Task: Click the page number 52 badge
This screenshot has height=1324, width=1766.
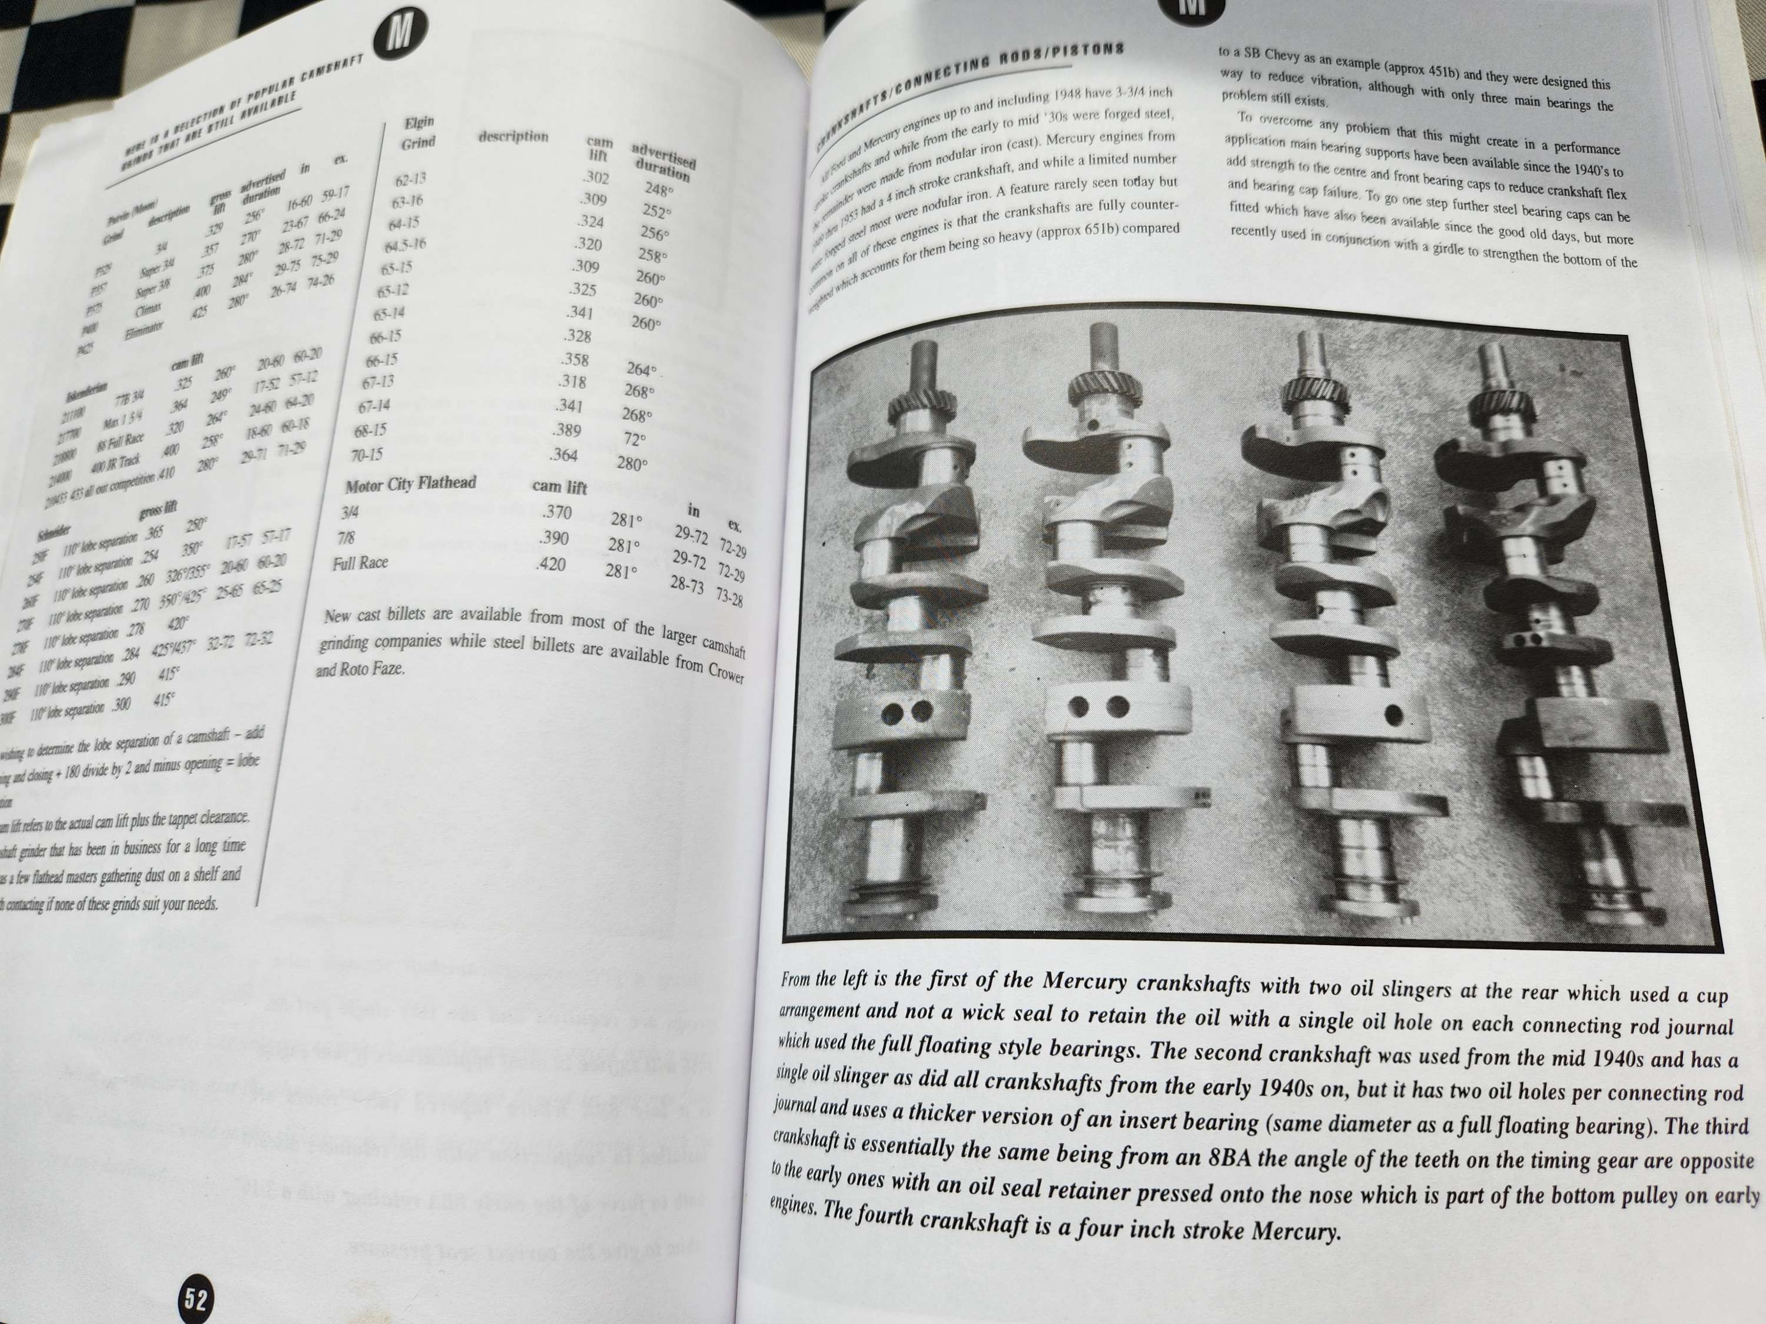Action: pyautogui.click(x=195, y=1299)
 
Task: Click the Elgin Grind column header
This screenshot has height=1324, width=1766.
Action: pyautogui.click(x=419, y=132)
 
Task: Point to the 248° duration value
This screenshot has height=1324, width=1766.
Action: pyautogui.click(x=659, y=190)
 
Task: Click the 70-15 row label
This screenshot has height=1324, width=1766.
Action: pyautogui.click(x=367, y=454)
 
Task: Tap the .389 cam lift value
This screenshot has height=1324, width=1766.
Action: pyautogui.click(x=566, y=430)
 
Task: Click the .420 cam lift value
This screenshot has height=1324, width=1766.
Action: pyautogui.click(x=550, y=564)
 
